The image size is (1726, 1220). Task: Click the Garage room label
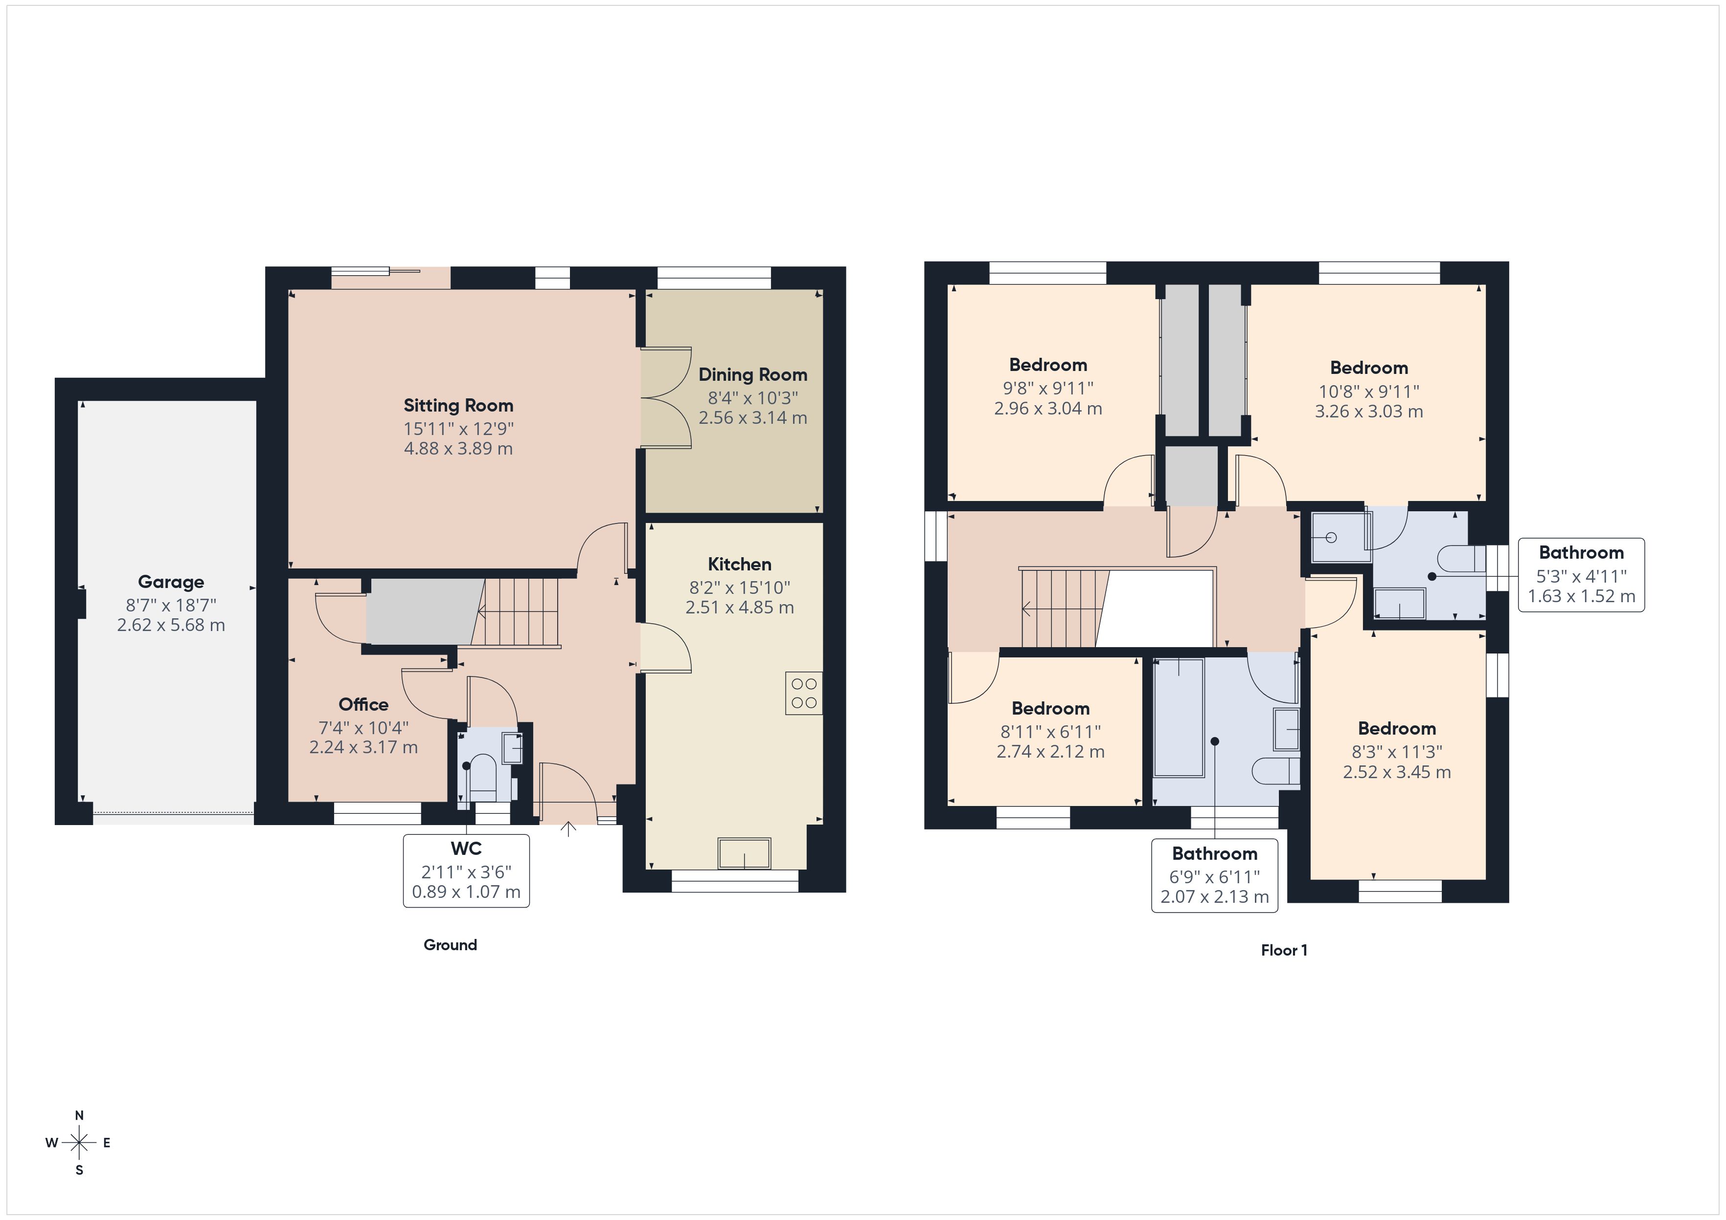(171, 582)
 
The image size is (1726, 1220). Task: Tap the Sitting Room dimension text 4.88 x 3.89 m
(458, 449)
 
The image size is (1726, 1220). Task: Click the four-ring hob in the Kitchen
(804, 693)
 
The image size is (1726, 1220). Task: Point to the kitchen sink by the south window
(744, 853)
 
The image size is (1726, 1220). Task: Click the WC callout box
(466, 870)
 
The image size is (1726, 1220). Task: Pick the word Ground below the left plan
(450, 945)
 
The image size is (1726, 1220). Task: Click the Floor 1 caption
(1283, 950)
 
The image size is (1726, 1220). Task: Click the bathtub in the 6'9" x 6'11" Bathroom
(1178, 718)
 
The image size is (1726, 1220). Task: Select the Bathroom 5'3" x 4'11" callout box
(1581, 575)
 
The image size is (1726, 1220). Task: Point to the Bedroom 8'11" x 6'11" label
(1050, 708)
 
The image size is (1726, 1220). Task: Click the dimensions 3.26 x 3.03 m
(1368, 412)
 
